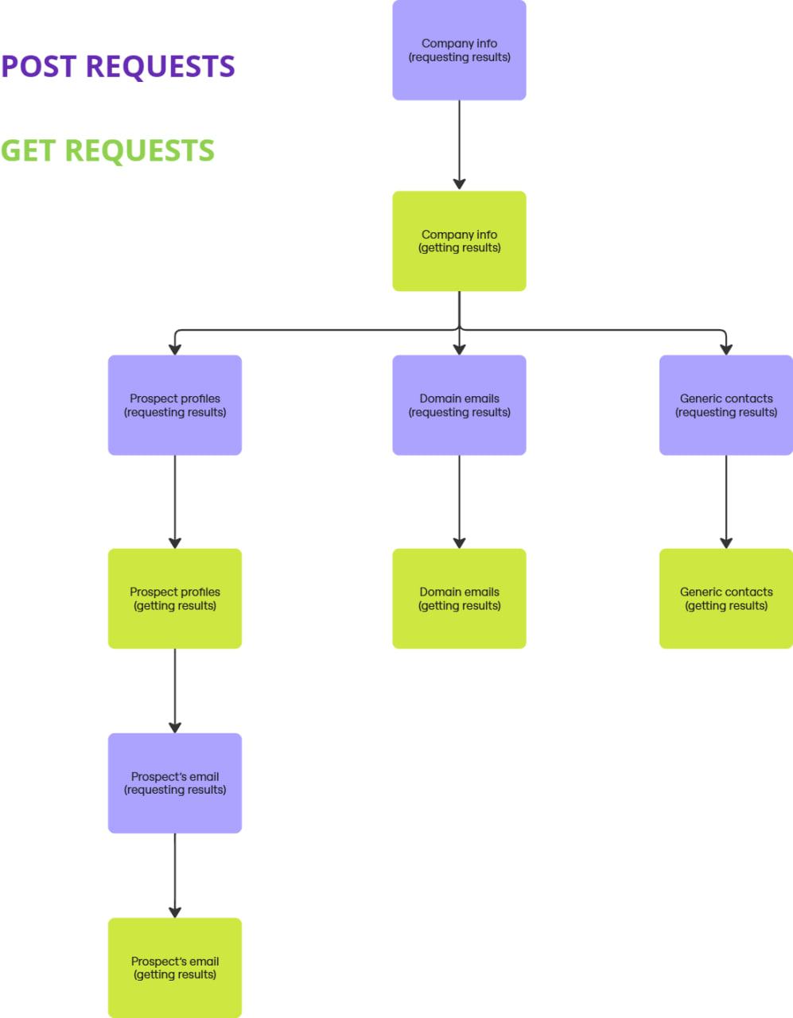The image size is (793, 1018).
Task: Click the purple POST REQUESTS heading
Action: (118, 67)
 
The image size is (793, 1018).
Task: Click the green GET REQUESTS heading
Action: (107, 150)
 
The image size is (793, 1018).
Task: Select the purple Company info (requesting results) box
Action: (459, 50)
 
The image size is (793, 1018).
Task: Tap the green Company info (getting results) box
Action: (459, 241)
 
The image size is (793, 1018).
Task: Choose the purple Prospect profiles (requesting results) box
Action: (175, 405)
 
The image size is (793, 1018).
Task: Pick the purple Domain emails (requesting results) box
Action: (459, 405)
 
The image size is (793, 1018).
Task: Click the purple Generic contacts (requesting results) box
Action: (725, 405)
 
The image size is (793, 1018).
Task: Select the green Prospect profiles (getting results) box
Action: (175, 598)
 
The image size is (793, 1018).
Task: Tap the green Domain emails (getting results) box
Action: (459, 598)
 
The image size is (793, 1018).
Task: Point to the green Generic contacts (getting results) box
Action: (725, 598)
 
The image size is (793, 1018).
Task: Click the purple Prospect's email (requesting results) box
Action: (175, 783)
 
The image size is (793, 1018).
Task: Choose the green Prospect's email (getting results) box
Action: (175, 968)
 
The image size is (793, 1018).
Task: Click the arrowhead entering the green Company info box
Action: (459, 184)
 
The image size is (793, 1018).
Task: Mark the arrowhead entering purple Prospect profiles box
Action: (175, 349)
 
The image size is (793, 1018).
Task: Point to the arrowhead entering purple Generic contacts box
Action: (725, 349)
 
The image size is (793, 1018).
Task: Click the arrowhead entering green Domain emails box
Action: (459, 542)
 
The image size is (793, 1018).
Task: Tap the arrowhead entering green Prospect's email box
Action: (175, 912)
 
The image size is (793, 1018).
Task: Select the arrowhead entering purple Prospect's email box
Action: (175, 727)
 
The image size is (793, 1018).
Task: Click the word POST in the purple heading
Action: (39, 67)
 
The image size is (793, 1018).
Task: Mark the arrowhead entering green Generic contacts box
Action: (725, 542)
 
